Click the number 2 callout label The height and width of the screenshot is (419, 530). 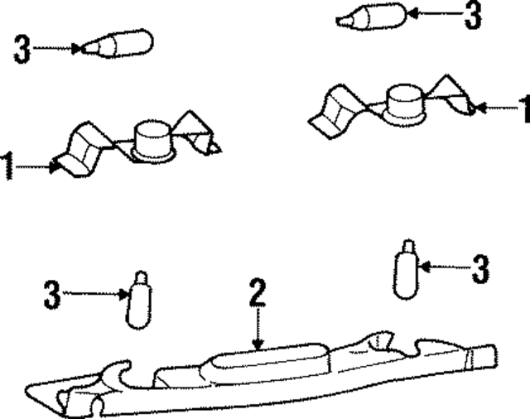click(x=258, y=292)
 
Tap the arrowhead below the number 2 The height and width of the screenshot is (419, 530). click(x=258, y=344)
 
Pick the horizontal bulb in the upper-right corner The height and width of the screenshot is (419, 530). click(x=371, y=17)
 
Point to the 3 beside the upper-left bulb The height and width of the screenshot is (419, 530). click(x=22, y=49)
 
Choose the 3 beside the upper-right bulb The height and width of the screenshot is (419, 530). click(x=473, y=15)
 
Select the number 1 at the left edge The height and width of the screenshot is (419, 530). click(x=7, y=166)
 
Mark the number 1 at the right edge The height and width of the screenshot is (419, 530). click(x=525, y=108)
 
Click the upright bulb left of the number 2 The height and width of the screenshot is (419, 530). click(x=139, y=300)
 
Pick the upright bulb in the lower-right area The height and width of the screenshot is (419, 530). click(x=406, y=270)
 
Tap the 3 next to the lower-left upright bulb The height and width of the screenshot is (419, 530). click(x=52, y=294)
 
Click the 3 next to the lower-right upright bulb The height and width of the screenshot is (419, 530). click(x=480, y=269)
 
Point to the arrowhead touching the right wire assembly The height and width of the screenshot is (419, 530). click(x=480, y=108)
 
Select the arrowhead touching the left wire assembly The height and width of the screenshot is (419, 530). click(x=54, y=167)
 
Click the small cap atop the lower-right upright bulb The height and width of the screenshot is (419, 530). click(x=408, y=246)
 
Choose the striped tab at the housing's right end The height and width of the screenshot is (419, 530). click(x=469, y=359)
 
